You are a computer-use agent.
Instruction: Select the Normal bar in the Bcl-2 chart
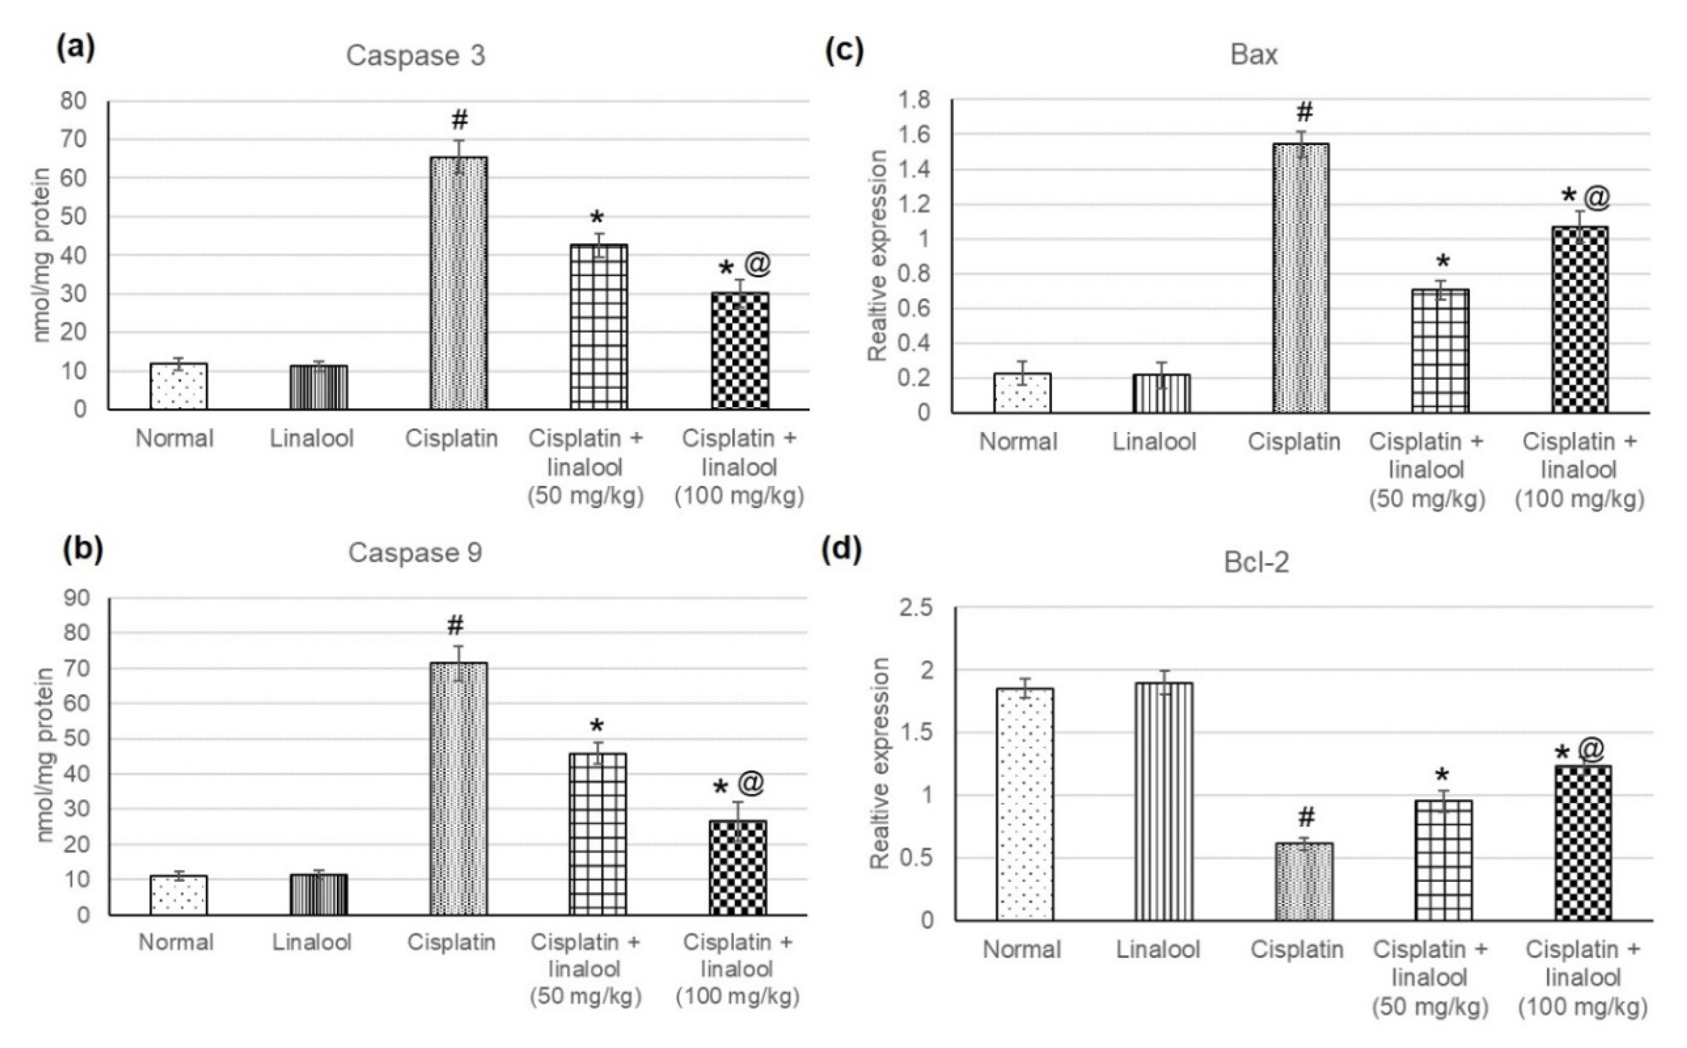pyautogui.click(x=1025, y=804)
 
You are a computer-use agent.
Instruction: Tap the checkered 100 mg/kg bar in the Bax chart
pyautogui.click(x=1580, y=319)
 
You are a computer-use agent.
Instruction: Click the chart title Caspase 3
pyautogui.click(x=415, y=55)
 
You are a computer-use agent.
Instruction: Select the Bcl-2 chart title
pyautogui.click(x=1256, y=562)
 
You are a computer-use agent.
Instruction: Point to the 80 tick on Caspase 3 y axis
pyautogui.click(x=74, y=101)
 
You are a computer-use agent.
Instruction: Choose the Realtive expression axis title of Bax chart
pyautogui.click(x=878, y=256)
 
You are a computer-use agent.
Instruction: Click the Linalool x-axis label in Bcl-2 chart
pyautogui.click(x=1158, y=949)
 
